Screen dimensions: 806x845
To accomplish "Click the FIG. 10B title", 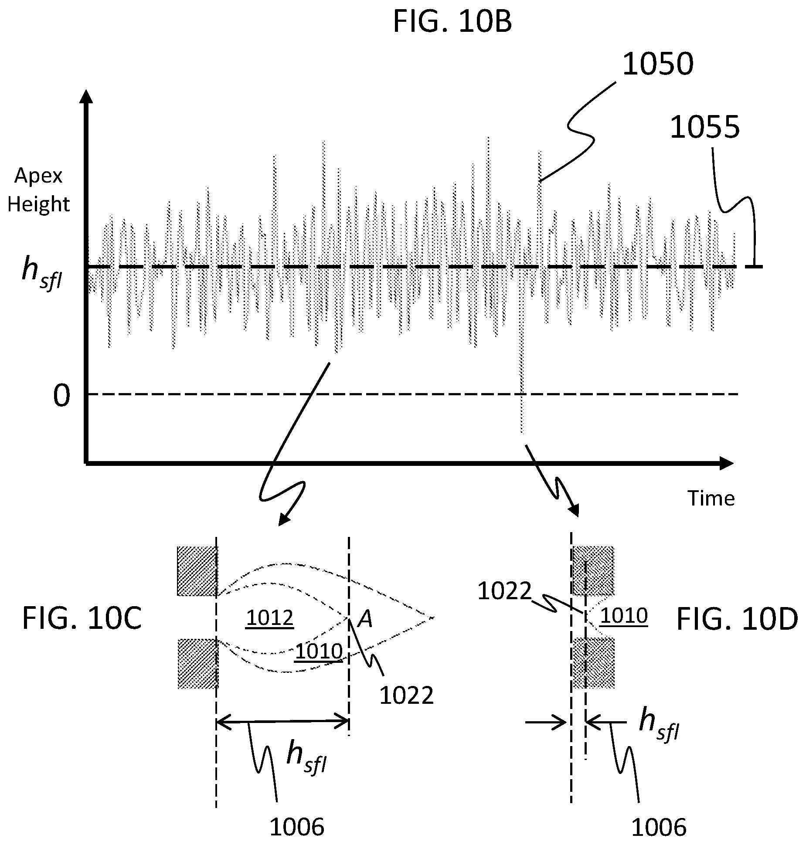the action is point(452,22).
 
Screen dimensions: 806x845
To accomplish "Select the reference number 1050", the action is point(657,64).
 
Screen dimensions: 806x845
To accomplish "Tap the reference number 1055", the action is point(704,128).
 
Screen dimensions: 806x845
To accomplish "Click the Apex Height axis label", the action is point(38,190).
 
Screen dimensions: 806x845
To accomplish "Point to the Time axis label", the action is point(711,498).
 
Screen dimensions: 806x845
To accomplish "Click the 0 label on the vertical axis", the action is point(61,396).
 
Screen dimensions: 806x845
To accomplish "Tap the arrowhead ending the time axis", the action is point(726,463).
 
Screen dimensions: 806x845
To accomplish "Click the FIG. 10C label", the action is point(82,619).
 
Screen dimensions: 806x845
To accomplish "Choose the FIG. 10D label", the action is point(737,619).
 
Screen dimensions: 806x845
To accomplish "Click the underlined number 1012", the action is point(269,618).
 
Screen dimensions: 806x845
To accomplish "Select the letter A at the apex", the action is point(365,619).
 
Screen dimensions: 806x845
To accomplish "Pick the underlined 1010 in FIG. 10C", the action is point(319,652).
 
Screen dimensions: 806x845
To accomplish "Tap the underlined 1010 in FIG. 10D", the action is point(624,616).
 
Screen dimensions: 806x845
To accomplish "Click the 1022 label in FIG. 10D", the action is point(504,591).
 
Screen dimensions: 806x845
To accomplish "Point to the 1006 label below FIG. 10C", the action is point(297,827).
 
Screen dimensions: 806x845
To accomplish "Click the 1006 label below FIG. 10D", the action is point(659,827).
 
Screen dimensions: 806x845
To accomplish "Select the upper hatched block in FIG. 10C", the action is point(197,571).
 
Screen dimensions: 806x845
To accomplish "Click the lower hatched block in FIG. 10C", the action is point(197,663).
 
